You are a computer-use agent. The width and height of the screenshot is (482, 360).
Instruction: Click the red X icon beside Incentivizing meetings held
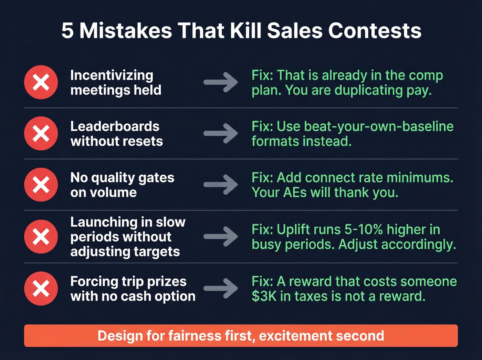(x=41, y=82)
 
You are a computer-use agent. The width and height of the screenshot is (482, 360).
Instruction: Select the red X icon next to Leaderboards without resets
(x=41, y=133)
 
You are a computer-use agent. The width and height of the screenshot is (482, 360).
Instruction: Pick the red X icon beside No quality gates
(x=41, y=185)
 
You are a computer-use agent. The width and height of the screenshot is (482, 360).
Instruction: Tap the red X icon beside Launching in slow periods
(x=41, y=237)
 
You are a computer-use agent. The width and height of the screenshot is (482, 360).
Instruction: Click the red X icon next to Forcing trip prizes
(x=41, y=289)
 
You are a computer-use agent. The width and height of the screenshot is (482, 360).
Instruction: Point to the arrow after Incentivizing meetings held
(x=221, y=82)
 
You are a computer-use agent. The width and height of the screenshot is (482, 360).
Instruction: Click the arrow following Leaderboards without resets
(x=221, y=133)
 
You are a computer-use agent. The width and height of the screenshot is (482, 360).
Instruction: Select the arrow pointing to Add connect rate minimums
(x=221, y=185)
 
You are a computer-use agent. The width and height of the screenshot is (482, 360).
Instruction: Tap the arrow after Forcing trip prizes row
(x=221, y=288)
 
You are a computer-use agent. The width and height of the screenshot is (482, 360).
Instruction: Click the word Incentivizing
(x=112, y=75)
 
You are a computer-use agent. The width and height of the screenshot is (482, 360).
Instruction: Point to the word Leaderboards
(x=115, y=126)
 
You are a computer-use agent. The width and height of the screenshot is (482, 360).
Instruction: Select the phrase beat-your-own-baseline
(x=379, y=126)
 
